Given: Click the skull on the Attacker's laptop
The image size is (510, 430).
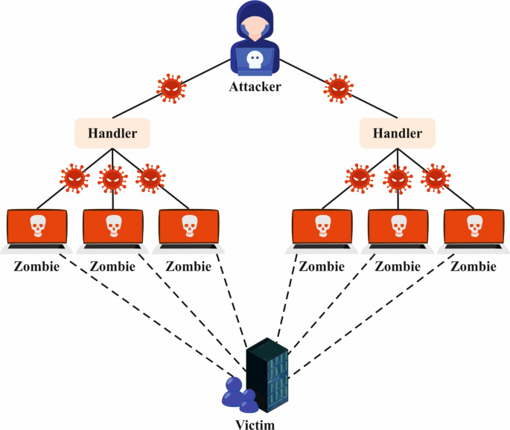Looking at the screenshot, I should (255, 60).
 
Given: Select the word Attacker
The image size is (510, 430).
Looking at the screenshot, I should (255, 88).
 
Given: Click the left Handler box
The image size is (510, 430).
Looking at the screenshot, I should (112, 133).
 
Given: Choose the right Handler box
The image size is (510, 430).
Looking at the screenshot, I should (397, 133).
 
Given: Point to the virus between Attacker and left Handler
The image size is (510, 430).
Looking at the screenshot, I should (170, 88).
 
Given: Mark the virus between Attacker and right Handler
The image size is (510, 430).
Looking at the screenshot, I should (340, 88).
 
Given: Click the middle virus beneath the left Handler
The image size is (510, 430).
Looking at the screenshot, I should (112, 179).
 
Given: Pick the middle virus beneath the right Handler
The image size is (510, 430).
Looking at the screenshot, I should (397, 179).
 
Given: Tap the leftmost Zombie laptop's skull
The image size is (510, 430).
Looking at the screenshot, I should (36, 223).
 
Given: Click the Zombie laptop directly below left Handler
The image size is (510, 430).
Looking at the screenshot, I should (112, 227).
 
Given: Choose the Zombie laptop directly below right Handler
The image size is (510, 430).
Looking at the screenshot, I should (397, 227).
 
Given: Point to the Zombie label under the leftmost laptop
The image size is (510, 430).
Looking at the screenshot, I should (36, 266).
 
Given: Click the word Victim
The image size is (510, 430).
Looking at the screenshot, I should (255, 424).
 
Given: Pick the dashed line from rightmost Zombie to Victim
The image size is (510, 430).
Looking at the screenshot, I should (372, 312).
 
